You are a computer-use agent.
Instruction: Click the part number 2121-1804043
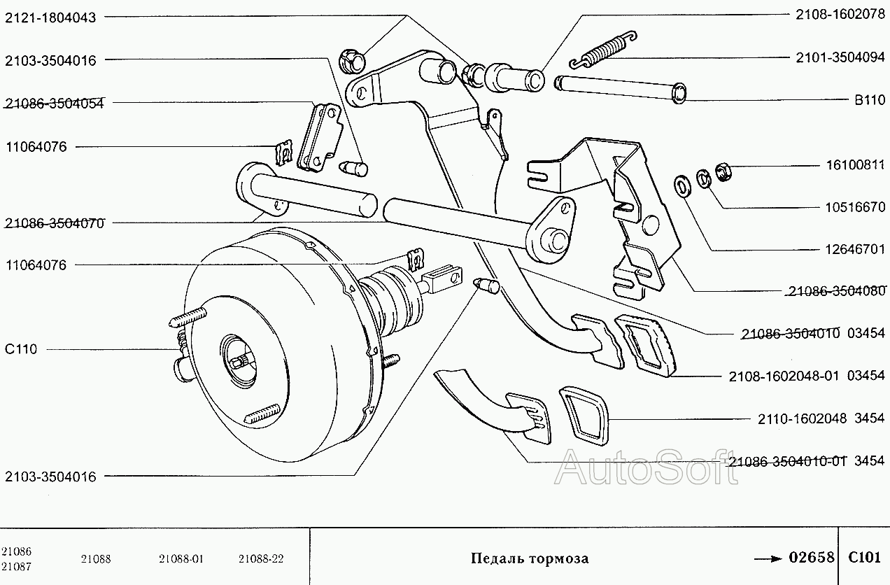coord(50,18)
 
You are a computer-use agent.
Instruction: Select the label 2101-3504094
coord(840,57)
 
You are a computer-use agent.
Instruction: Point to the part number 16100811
coord(856,165)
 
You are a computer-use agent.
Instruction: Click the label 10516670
coord(856,207)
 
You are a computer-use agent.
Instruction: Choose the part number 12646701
coord(856,249)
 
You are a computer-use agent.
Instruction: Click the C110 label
coord(21,349)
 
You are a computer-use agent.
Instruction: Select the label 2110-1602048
coord(803,418)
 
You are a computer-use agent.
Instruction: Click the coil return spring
coord(603,49)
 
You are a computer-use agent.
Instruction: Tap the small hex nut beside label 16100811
coord(723,171)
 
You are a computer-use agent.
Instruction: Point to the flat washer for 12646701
coord(683,185)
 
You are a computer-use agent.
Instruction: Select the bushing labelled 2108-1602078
coord(515,78)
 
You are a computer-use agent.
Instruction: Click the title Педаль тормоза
coord(530,558)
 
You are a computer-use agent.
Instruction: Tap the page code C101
coord(864,557)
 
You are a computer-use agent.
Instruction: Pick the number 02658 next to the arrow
coord(812,557)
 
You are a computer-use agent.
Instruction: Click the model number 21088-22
coord(261,559)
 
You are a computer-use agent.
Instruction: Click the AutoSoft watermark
coord(646,467)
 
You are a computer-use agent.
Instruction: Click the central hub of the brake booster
coord(239,361)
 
